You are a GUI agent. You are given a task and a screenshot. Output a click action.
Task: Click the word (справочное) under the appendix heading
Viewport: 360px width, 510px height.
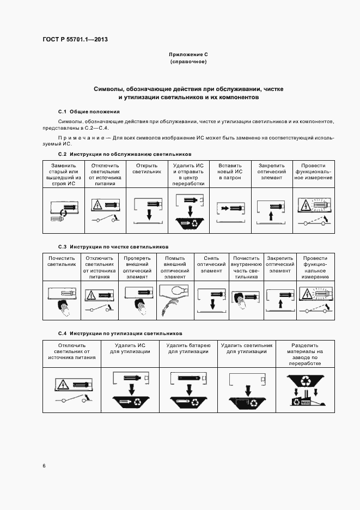point(188,62)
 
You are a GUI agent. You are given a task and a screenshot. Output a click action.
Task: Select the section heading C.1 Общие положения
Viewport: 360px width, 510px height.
point(84,111)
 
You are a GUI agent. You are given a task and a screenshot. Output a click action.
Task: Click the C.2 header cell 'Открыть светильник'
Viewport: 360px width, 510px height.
point(147,168)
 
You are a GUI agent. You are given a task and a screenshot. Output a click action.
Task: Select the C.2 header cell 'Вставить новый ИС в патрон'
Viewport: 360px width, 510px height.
point(230,171)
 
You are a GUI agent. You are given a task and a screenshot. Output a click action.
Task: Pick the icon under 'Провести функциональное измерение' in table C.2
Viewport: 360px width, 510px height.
point(313,211)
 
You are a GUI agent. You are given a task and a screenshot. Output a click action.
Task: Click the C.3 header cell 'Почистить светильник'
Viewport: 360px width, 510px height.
point(62,261)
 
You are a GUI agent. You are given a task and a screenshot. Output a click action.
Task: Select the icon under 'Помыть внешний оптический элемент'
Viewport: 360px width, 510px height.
point(175,299)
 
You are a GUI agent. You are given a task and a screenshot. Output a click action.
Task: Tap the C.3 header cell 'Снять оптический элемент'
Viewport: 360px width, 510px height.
point(211,264)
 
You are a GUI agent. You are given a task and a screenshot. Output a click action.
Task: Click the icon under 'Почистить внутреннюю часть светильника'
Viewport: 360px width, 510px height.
point(246,299)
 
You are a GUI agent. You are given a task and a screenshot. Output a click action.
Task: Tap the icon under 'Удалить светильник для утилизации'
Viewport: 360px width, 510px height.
point(246,391)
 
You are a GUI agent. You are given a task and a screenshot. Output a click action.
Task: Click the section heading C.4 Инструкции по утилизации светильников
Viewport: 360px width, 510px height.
point(120,333)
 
